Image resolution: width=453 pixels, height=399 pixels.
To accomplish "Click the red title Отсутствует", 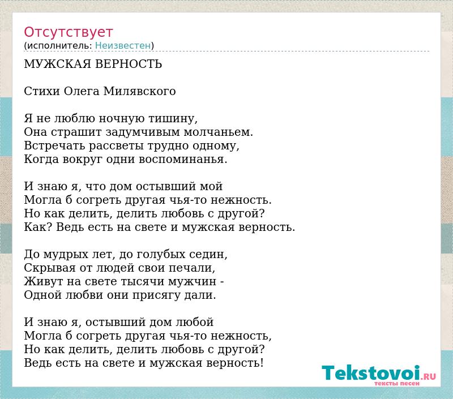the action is [68, 32].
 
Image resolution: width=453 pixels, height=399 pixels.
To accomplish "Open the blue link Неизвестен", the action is [123, 46].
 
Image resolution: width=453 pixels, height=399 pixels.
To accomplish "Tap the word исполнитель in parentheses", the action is [59, 46].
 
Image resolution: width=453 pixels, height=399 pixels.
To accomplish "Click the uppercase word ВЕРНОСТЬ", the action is [129, 64].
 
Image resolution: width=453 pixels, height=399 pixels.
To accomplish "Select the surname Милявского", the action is [139, 91].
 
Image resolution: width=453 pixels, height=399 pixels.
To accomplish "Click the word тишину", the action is [173, 119].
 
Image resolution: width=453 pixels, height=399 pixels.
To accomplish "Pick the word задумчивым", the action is [143, 132].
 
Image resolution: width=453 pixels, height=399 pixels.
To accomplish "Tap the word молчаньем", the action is [219, 132].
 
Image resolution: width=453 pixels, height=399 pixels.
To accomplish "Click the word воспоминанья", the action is [183, 160].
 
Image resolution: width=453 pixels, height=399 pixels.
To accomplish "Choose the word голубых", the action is [161, 255].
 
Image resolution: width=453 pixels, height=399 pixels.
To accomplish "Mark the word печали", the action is [192, 268].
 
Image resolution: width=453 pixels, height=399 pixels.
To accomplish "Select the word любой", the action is [195, 322].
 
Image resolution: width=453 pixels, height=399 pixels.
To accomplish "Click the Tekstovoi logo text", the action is [371, 373].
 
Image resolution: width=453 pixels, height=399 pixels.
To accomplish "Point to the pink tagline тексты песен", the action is [397, 383].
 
